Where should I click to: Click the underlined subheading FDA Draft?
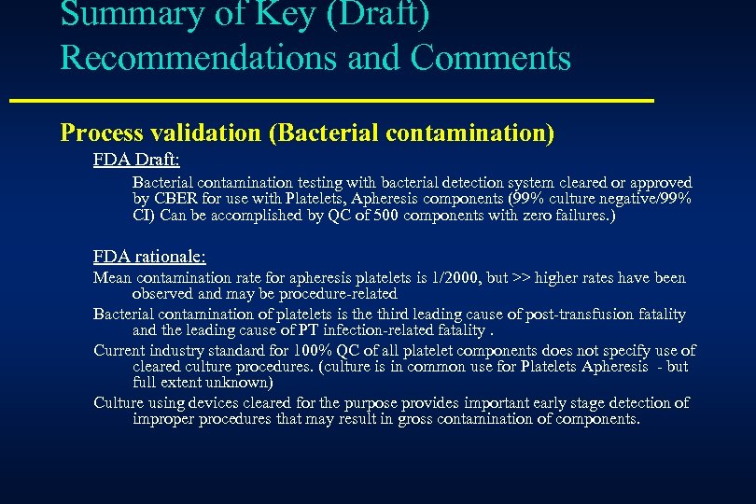pyautogui.click(x=136, y=160)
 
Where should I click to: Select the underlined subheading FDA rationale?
pyautogui.click(x=149, y=256)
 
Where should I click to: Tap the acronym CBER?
pyautogui.click(x=175, y=199)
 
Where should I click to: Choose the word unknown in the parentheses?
pyautogui.click(x=233, y=382)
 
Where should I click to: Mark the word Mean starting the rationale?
pyautogui.click(x=113, y=278)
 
